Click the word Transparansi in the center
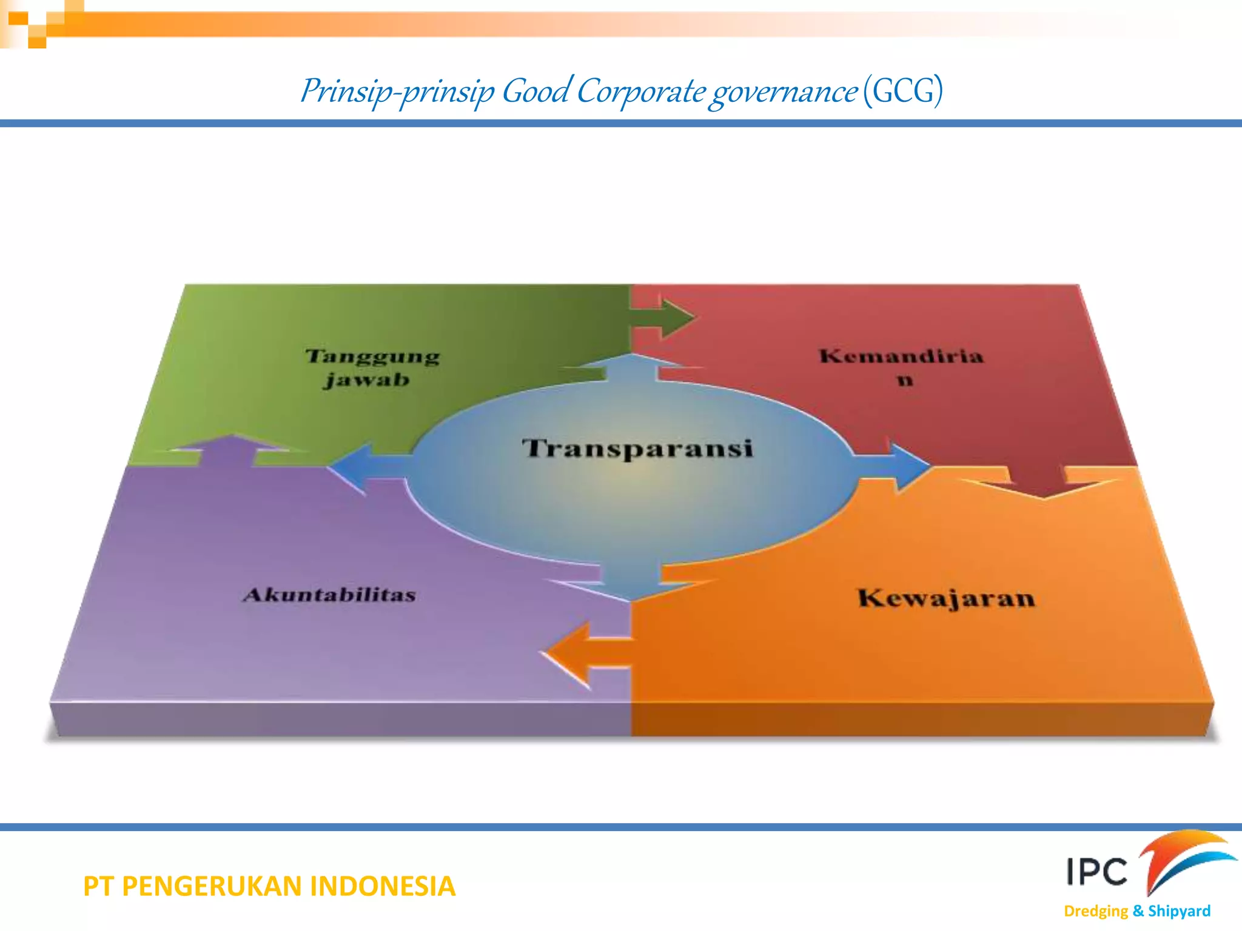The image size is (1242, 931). pyautogui.click(x=637, y=449)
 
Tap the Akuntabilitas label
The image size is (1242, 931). pyautogui.click(x=329, y=595)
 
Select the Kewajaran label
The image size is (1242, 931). pyautogui.click(x=946, y=598)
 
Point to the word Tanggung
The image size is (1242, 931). pyautogui.click(x=372, y=356)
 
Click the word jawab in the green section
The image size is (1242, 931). pyautogui.click(x=366, y=381)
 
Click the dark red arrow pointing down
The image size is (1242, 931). pyautogui.click(x=1040, y=482)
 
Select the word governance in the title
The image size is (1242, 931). pyautogui.click(x=784, y=93)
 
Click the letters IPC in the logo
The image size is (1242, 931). pyautogui.click(x=1096, y=872)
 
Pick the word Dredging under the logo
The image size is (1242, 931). pyautogui.click(x=1095, y=911)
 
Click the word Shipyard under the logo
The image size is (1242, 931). pyautogui.click(x=1179, y=911)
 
